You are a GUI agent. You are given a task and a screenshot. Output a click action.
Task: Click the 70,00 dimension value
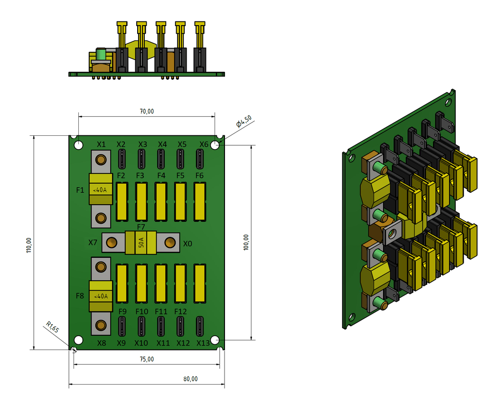coord(147,111)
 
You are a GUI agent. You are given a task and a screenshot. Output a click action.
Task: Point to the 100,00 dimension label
coord(245,242)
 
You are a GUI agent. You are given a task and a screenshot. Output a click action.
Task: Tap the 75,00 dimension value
coord(147,359)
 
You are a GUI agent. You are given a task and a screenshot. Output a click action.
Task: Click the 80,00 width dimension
coord(190,378)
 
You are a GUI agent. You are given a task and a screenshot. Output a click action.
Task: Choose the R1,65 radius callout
coord(53,328)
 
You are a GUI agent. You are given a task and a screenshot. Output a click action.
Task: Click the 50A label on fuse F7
coord(141,244)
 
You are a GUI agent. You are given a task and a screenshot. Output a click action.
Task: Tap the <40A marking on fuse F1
coord(100,190)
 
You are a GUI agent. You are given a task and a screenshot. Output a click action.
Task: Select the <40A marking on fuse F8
coord(100,296)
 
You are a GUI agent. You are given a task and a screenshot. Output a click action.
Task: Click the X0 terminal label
coord(188,244)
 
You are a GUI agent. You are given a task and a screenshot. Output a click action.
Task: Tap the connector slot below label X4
coord(161,159)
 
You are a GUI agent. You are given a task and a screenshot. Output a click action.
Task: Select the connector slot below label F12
coord(180,326)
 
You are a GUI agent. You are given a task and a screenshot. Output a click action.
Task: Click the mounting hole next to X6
coord(215,145)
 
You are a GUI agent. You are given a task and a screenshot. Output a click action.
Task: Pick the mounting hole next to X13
coord(215,340)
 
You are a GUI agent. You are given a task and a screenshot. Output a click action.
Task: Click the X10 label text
coord(141,343)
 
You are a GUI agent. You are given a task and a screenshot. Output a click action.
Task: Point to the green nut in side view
coord(101,54)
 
